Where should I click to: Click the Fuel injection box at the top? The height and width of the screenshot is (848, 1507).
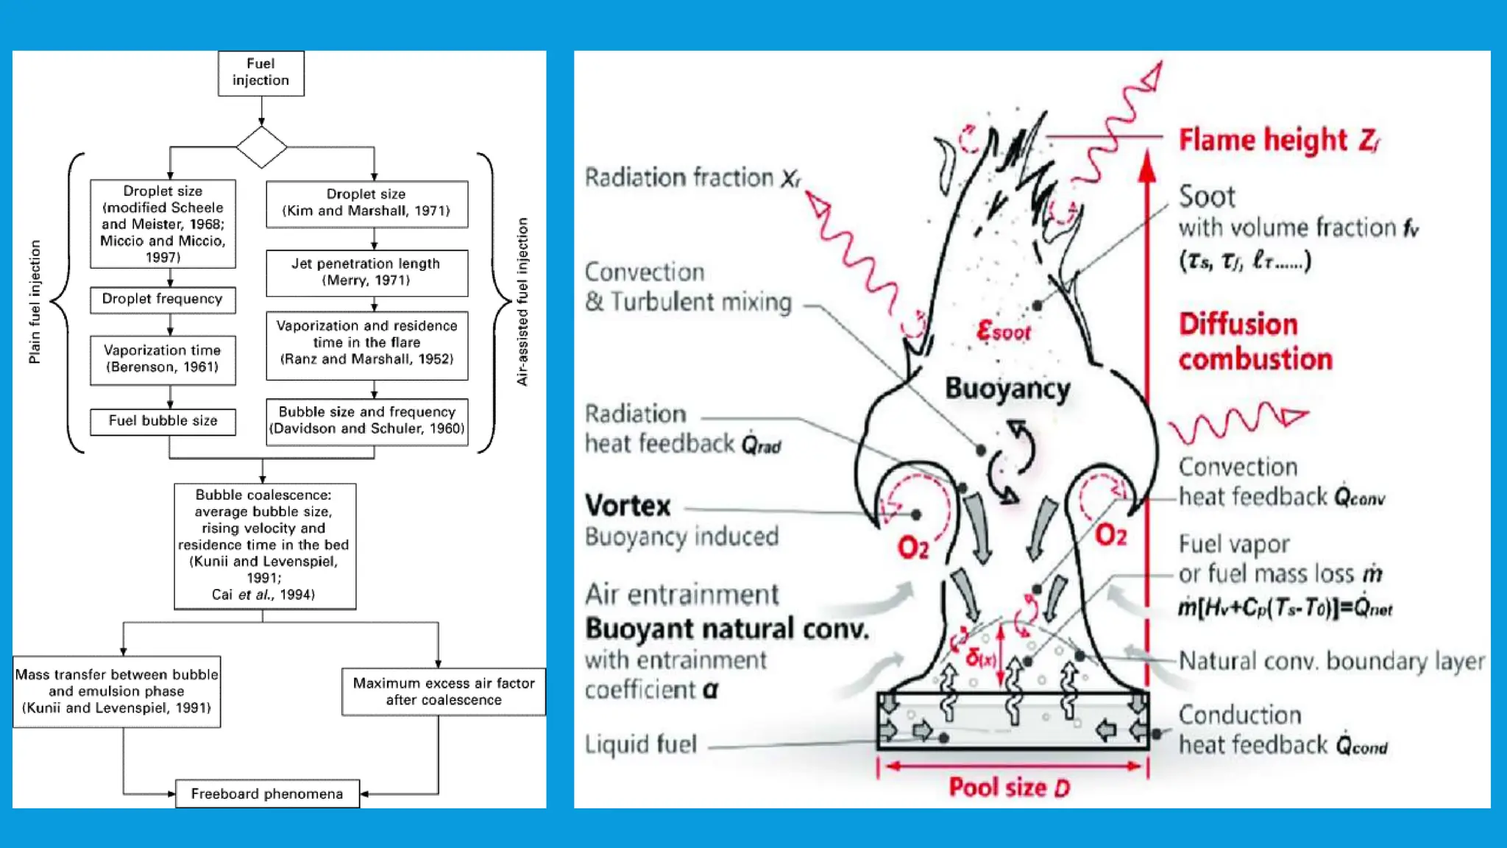(260, 73)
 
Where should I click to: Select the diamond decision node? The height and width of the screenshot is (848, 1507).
(261, 147)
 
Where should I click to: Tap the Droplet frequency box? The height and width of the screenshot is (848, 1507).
(163, 300)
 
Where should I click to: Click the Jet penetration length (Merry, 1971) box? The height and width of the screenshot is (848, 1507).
(366, 272)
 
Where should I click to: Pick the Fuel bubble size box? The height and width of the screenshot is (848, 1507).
(163, 421)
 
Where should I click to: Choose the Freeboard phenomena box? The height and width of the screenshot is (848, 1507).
(267, 794)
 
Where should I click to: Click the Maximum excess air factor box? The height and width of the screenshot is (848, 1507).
(444, 691)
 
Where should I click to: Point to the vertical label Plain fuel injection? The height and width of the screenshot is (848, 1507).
(35, 302)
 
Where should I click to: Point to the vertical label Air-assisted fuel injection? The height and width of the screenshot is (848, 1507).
(522, 302)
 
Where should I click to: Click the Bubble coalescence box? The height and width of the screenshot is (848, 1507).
(264, 545)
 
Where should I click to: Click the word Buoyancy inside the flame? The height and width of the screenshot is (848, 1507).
(1007, 389)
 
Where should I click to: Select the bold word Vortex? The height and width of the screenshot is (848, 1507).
(628, 506)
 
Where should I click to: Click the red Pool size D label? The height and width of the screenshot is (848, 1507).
(1009, 788)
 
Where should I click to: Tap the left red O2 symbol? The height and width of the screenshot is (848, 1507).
(913, 548)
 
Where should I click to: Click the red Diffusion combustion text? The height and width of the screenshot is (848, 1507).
(1255, 342)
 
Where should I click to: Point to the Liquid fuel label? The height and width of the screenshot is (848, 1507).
(640, 745)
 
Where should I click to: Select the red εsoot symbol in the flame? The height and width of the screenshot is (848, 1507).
(1003, 332)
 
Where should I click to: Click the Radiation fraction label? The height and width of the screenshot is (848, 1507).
(692, 178)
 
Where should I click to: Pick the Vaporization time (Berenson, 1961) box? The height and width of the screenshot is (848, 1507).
(163, 359)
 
